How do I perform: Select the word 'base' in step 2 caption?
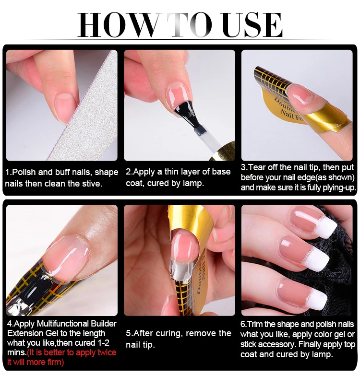pos(219,172)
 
